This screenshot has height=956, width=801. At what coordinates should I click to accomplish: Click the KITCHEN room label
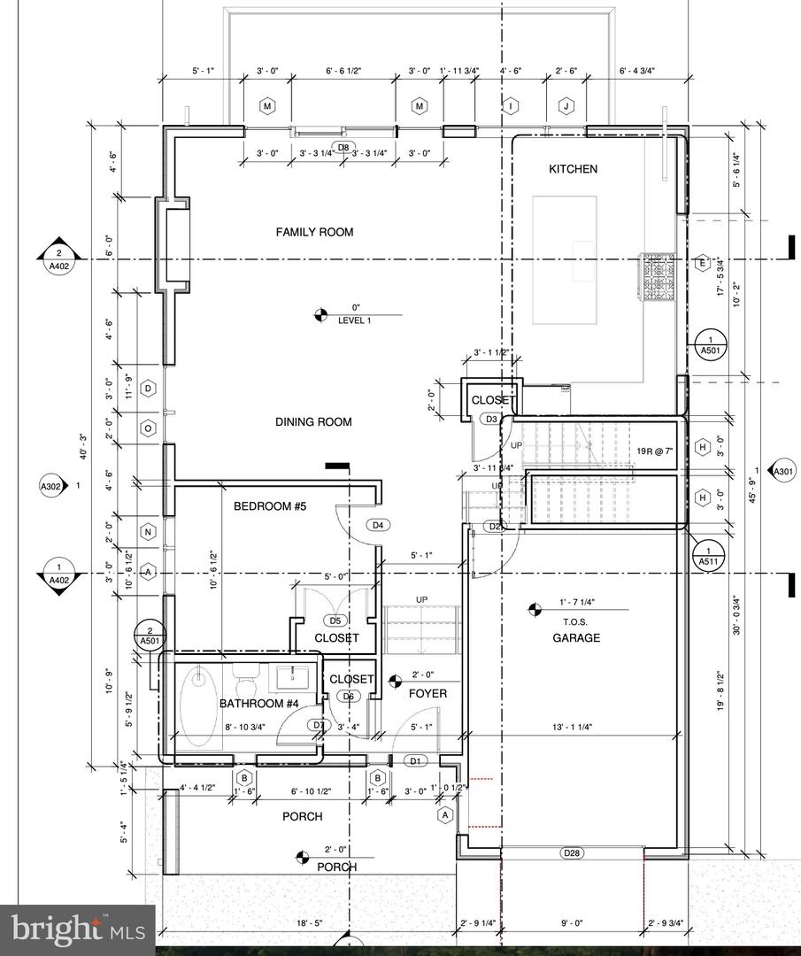pyautogui.click(x=574, y=169)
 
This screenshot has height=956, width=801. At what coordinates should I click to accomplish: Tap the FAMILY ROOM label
pyautogui.click(x=314, y=232)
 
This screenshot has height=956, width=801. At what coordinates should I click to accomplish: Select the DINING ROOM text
pyautogui.click(x=313, y=422)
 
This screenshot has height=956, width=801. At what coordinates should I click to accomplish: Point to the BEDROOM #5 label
pyautogui.click(x=269, y=506)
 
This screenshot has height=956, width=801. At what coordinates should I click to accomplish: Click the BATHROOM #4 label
pyautogui.click(x=259, y=704)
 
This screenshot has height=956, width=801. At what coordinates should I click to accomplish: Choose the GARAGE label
pyautogui.click(x=576, y=637)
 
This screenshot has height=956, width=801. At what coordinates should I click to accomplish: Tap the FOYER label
pyautogui.click(x=427, y=693)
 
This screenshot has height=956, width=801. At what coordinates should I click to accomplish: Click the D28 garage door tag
pyautogui.click(x=572, y=853)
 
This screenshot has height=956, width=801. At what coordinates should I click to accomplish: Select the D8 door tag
pyautogui.click(x=343, y=147)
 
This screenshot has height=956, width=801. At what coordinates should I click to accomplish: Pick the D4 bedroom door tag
pyautogui.click(x=378, y=525)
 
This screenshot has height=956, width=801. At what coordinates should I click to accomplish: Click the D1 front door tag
pyautogui.click(x=415, y=760)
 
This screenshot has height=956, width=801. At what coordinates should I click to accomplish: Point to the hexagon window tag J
pyautogui.click(x=566, y=106)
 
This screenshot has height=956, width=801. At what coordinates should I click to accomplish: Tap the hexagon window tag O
pyautogui.click(x=149, y=428)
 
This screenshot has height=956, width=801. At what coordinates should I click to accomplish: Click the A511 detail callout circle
pyautogui.click(x=708, y=555)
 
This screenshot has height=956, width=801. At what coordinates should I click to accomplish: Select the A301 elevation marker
pyautogui.click(x=782, y=471)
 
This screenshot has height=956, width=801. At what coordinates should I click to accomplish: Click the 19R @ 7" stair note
pyautogui.click(x=656, y=451)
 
